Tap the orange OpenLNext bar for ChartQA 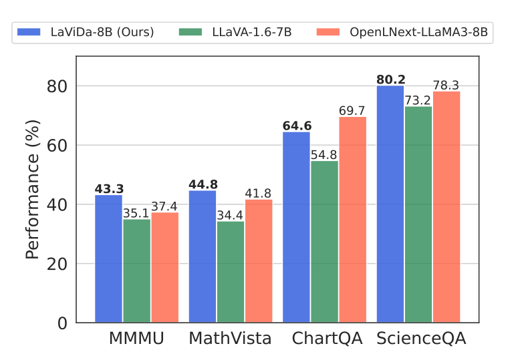[352, 220]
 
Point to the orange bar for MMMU [164, 267]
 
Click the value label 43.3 [109, 189]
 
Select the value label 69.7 [352, 111]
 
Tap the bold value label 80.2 [391, 80]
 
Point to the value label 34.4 [231, 215]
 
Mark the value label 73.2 [418, 101]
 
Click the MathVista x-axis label [231, 339]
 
